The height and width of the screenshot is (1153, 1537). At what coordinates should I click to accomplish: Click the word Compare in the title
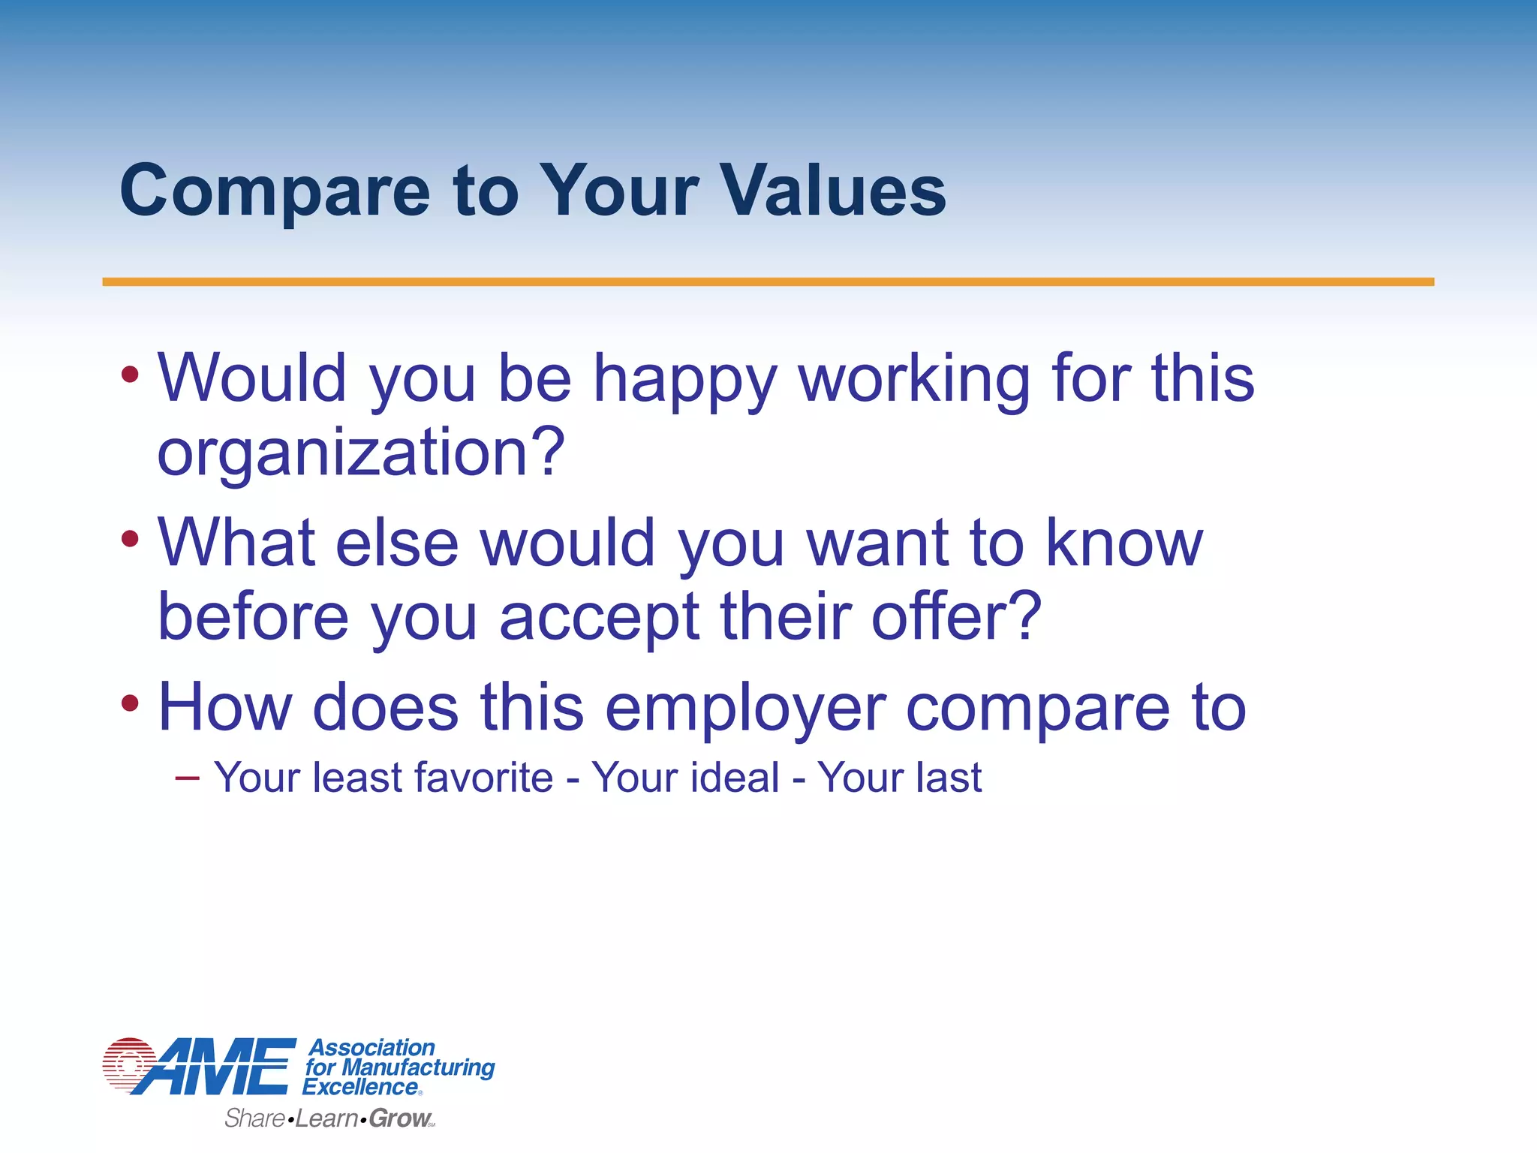point(275,192)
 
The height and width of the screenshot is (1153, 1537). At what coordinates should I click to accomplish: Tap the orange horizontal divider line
point(768,281)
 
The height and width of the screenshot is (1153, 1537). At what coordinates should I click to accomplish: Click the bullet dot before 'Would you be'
point(130,374)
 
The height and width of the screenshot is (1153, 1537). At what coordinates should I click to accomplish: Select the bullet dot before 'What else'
point(130,538)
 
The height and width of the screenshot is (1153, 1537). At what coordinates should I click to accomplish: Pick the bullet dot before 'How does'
point(130,703)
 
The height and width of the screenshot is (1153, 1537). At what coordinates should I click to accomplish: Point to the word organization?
point(360,453)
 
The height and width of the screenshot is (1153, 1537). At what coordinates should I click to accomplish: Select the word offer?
point(956,617)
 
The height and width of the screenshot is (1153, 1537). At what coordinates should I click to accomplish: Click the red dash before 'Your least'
point(187,778)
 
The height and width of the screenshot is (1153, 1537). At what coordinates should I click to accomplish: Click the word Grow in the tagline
point(399,1118)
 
